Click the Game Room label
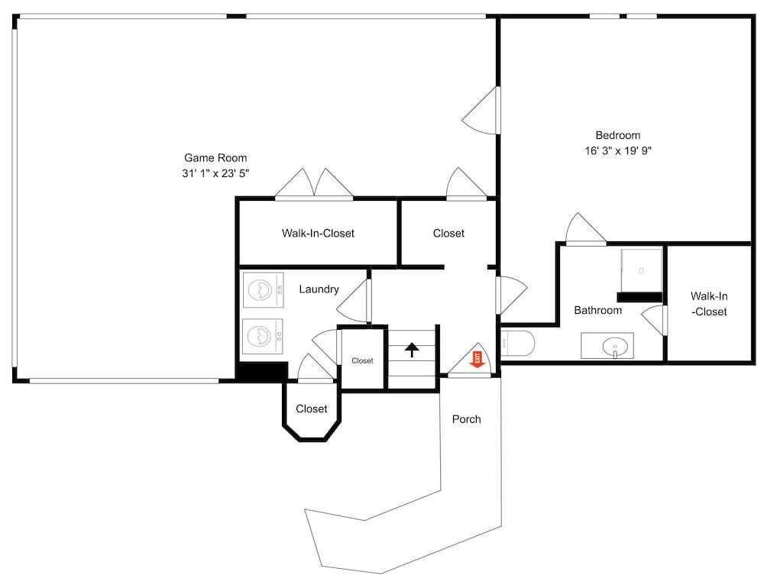pyautogui.click(x=215, y=158)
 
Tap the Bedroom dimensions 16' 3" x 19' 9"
pyautogui.click(x=618, y=150)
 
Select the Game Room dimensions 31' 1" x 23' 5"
pyautogui.click(x=215, y=173)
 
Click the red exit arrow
pyautogui.click(x=476, y=359)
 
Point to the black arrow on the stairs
pyautogui.click(x=412, y=349)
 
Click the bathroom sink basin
pyautogui.click(x=615, y=347)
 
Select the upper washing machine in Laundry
pyautogui.click(x=263, y=290)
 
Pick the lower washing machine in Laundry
pyautogui.click(x=263, y=336)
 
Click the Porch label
pyautogui.click(x=466, y=419)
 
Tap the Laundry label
pyautogui.click(x=319, y=289)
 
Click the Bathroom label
pyautogui.click(x=598, y=310)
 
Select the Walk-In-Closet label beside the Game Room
pyautogui.click(x=318, y=233)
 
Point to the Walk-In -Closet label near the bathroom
pyautogui.click(x=709, y=304)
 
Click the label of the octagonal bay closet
pyautogui.click(x=312, y=409)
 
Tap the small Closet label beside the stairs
pyautogui.click(x=362, y=361)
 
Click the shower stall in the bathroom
pyautogui.click(x=641, y=271)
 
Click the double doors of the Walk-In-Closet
pyautogui.click(x=314, y=185)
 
